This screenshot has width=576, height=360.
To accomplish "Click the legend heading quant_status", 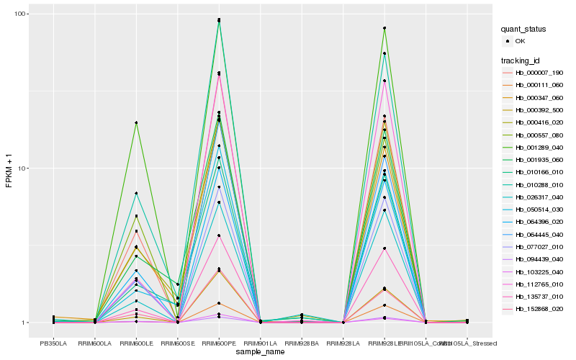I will click(x=523, y=29).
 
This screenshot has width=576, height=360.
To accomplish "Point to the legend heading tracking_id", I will click(x=521, y=60).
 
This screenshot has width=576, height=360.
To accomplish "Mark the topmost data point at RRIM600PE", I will click(x=219, y=19).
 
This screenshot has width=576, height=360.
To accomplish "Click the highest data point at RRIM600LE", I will click(x=136, y=123).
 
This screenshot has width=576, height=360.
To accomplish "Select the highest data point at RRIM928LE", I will click(x=384, y=28).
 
